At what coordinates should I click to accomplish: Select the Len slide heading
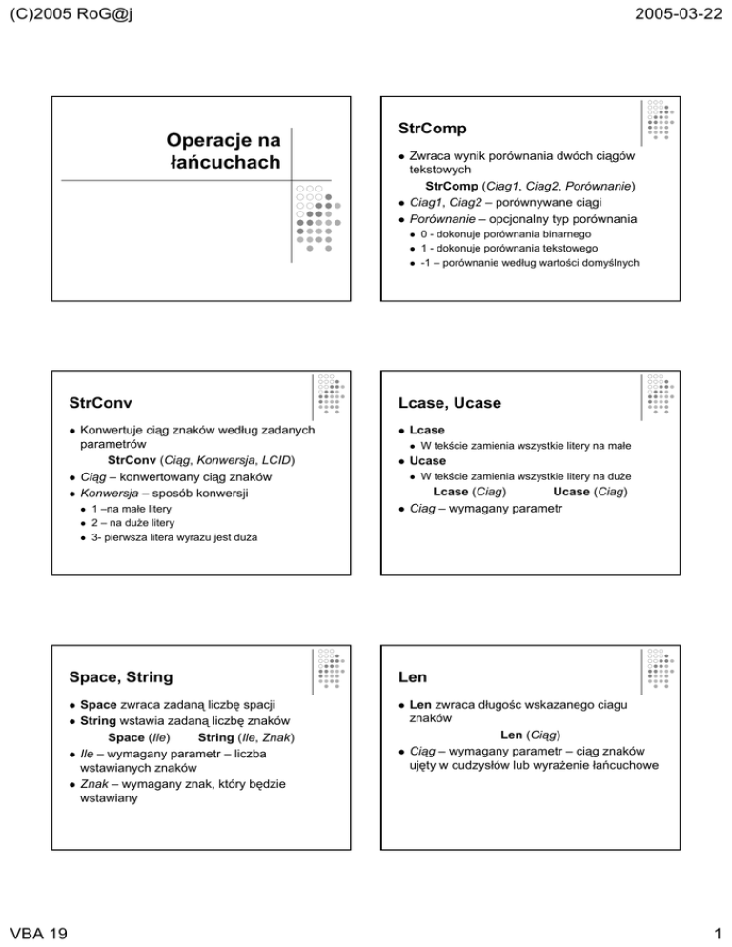(406, 677)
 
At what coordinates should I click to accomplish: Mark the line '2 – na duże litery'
(132, 523)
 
